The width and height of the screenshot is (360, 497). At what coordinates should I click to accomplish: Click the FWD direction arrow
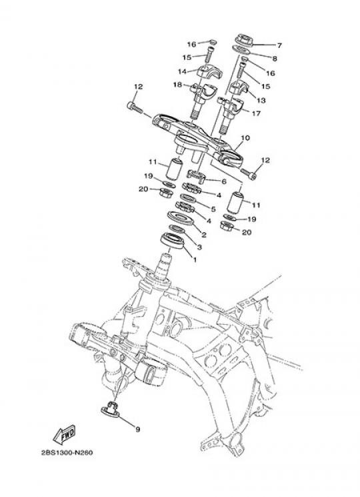pos(64,434)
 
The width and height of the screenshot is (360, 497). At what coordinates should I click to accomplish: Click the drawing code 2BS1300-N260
pos(67,452)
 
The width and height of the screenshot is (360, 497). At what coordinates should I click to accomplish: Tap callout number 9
pos(138,430)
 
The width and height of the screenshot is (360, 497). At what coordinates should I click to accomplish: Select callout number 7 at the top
pos(279,45)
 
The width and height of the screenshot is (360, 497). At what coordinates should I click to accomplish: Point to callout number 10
pos(245,138)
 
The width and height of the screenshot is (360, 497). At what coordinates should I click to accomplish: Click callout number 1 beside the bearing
pos(195,260)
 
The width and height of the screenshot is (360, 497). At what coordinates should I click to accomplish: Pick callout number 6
pos(224,181)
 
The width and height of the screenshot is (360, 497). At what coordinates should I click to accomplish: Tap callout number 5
pos(213,209)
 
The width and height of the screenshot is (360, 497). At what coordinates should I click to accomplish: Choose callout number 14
pos(182,71)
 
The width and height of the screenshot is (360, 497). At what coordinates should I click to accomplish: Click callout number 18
pos(177,85)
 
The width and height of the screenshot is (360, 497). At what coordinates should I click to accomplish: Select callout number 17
pos(256,113)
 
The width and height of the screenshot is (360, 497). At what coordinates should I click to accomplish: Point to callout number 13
pos(261,101)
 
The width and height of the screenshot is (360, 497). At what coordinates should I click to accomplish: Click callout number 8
pos(275,58)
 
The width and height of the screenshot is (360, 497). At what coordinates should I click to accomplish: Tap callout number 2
pos(204,235)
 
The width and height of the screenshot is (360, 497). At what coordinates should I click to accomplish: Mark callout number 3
pos(199,247)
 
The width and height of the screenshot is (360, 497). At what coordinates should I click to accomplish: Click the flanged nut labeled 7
pos(244,39)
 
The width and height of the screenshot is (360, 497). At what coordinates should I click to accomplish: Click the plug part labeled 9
pos(110,410)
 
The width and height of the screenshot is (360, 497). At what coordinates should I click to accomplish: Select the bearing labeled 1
pos(172,241)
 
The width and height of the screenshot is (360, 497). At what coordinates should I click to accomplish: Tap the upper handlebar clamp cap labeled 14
pos(209,71)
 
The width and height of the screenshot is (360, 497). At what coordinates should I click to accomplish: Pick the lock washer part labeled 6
pos(196,175)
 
